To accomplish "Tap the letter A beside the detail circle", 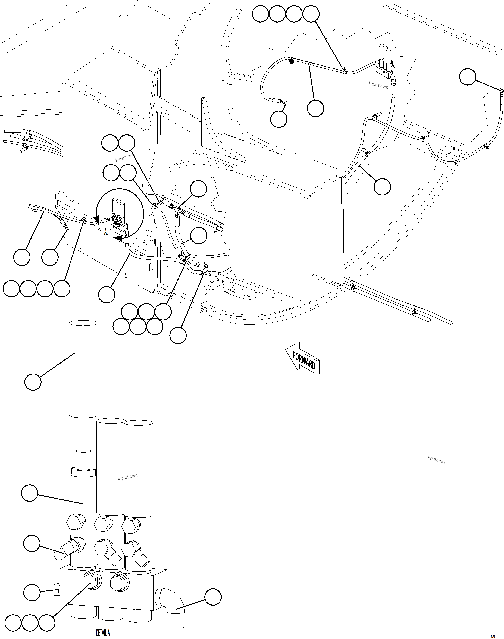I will (105, 233).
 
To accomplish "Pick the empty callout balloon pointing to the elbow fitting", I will (213, 597).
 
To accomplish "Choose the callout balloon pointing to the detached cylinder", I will (33, 382).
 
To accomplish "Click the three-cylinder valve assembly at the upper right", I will (384, 59).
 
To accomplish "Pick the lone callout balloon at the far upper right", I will (468, 77).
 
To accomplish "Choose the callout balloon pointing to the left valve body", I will (30, 493).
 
